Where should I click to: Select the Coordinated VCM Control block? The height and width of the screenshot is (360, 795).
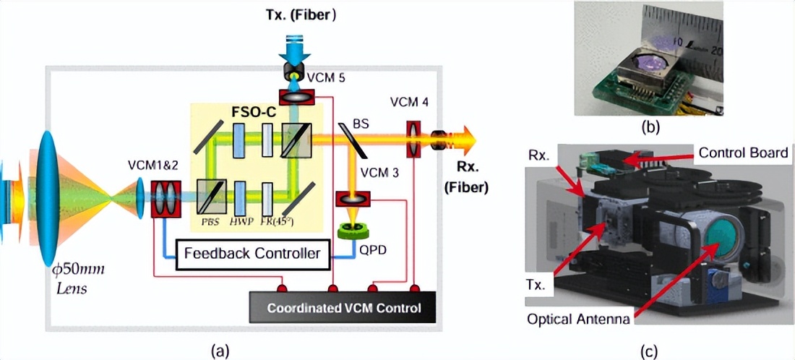pos(343,307)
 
